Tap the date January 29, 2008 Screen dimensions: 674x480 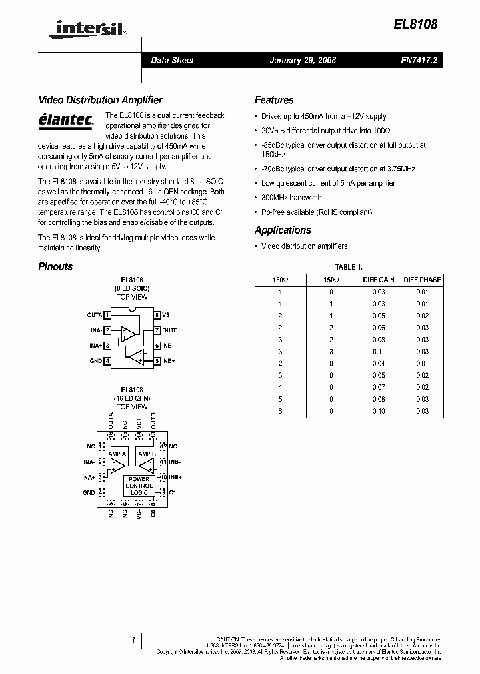click(303, 60)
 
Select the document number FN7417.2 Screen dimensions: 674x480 click(419, 60)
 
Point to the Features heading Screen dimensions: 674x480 click(274, 100)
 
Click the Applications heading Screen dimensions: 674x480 click(283, 230)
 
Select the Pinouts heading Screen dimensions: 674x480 click(55, 266)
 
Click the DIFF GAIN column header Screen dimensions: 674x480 click(379, 280)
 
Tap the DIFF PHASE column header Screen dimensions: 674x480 click(422, 280)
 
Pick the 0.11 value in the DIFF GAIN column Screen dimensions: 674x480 click(379, 351)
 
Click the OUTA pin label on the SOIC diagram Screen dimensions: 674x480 click(95, 314)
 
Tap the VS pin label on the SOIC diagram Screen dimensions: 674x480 click(166, 314)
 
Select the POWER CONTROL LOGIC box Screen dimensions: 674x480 click(139, 486)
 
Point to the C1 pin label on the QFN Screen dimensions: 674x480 click(172, 492)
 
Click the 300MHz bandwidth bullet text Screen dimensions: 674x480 click(291, 198)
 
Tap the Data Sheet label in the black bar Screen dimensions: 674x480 click(172, 60)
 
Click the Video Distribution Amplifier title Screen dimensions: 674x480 click(100, 100)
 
